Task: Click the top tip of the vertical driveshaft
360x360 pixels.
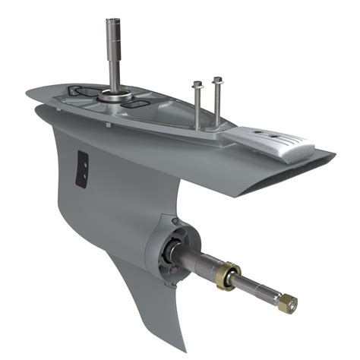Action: pos(110,21)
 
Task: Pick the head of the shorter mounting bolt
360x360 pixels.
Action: pos(197,84)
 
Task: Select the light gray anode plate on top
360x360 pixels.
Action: pos(270,139)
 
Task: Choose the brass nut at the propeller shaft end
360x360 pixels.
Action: pos(288,302)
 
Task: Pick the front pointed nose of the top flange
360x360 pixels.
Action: pos(27,94)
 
